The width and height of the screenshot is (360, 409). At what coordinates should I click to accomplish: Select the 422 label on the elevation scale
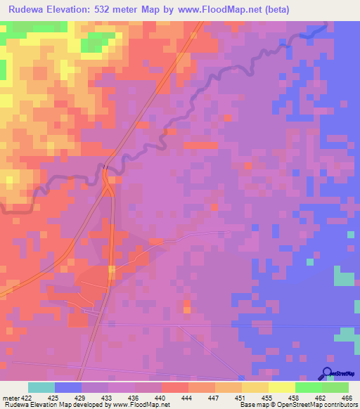(27, 398)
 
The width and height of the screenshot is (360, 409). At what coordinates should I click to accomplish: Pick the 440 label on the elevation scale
(161, 398)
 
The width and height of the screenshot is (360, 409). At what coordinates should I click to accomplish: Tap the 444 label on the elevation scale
(187, 398)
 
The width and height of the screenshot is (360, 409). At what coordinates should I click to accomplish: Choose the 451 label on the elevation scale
(240, 398)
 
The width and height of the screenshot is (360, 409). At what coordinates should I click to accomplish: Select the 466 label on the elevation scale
(347, 398)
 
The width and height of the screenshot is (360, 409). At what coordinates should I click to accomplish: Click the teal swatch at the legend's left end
(41, 387)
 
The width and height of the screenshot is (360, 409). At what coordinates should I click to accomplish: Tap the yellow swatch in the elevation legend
(281, 387)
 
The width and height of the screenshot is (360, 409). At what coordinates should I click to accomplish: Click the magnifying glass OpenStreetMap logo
(328, 373)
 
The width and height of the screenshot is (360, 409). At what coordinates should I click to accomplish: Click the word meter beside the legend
(11, 398)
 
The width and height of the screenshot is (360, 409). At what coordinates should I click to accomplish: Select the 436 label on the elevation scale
(134, 398)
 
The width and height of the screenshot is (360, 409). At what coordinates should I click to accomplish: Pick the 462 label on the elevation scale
(320, 398)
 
